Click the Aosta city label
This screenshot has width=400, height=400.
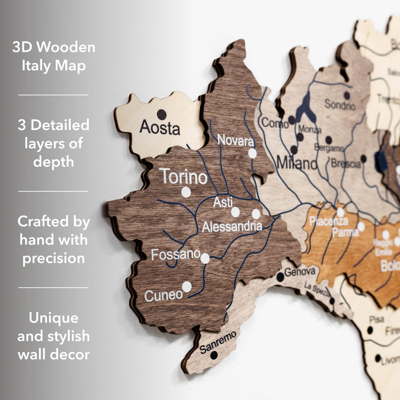160,127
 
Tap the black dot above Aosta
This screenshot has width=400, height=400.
162,114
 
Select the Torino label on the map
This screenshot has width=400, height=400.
183,176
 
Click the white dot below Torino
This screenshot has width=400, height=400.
186,192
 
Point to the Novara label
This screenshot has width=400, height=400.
235,140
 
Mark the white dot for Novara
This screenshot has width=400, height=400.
253,153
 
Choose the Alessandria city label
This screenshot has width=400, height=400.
232,227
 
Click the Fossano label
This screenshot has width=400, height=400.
176,255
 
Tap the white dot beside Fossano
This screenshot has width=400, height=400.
205,258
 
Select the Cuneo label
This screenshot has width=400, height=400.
163,295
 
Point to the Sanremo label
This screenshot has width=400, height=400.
218,342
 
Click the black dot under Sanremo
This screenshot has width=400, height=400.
214,355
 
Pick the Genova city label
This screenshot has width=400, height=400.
300,272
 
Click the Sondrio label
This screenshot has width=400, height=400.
340,105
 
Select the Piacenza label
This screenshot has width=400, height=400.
328,221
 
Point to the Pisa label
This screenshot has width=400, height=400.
376,319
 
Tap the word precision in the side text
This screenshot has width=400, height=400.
54,258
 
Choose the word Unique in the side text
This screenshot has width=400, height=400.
54,318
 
